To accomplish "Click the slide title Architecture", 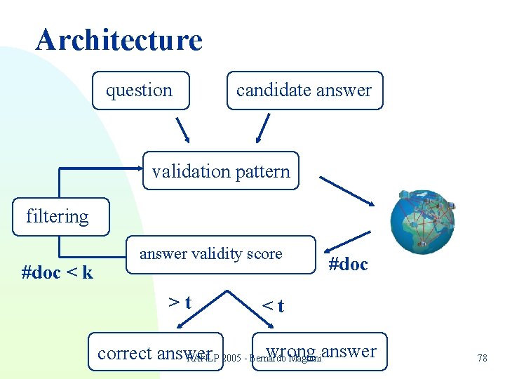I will [x=119, y=40].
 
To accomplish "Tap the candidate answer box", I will [x=304, y=91].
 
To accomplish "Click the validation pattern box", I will [x=221, y=171].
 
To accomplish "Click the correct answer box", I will [x=156, y=352].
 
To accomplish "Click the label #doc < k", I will [x=58, y=272].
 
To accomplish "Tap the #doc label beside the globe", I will [x=348, y=264].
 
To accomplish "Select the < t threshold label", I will [x=273, y=305].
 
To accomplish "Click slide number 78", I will [x=482, y=358].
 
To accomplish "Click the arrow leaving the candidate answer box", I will [x=262, y=129].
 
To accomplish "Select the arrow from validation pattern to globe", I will [x=346, y=190].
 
